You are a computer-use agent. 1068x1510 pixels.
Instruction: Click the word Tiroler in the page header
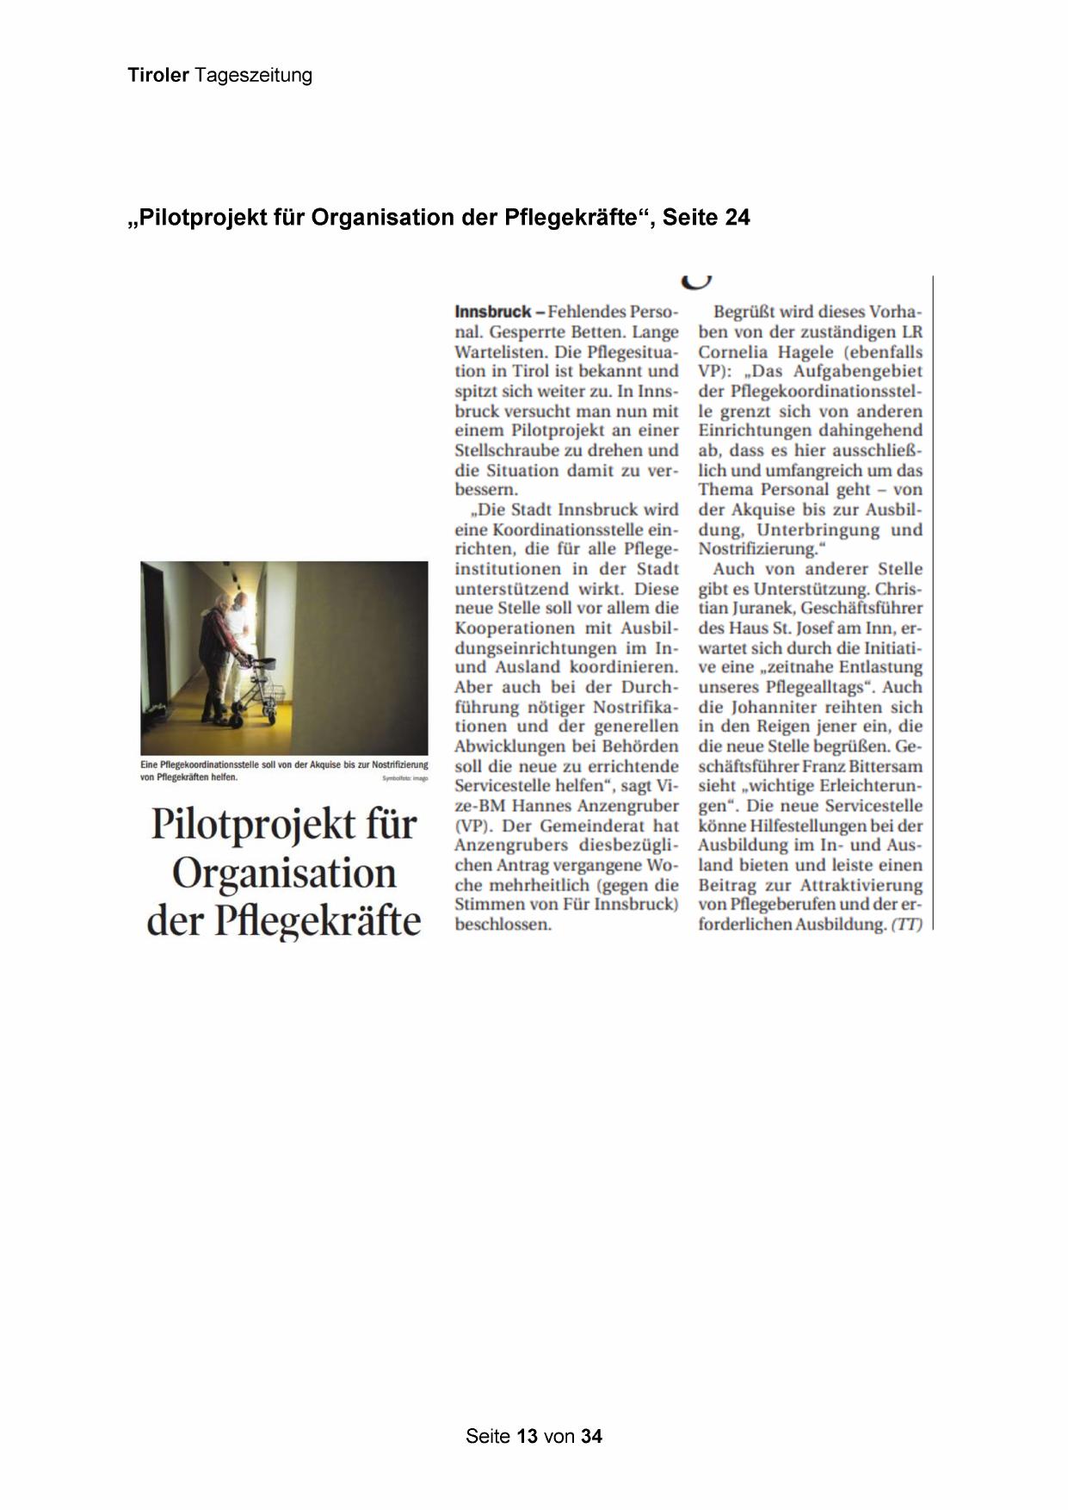point(158,76)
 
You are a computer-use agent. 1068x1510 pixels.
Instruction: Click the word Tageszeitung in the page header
point(253,76)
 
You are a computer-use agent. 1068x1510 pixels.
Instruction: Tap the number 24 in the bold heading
point(737,218)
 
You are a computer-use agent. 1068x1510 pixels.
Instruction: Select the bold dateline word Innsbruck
point(492,312)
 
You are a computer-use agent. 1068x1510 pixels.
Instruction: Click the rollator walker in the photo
point(259,689)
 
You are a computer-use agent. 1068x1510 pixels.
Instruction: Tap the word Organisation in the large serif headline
point(284,873)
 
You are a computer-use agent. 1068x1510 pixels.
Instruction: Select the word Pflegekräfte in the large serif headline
point(317,921)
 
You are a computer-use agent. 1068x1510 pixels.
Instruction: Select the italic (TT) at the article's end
point(906,925)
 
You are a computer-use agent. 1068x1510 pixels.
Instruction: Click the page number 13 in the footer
point(528,1436)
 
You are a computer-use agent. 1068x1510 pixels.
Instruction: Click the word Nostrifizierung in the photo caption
point(399,764)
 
